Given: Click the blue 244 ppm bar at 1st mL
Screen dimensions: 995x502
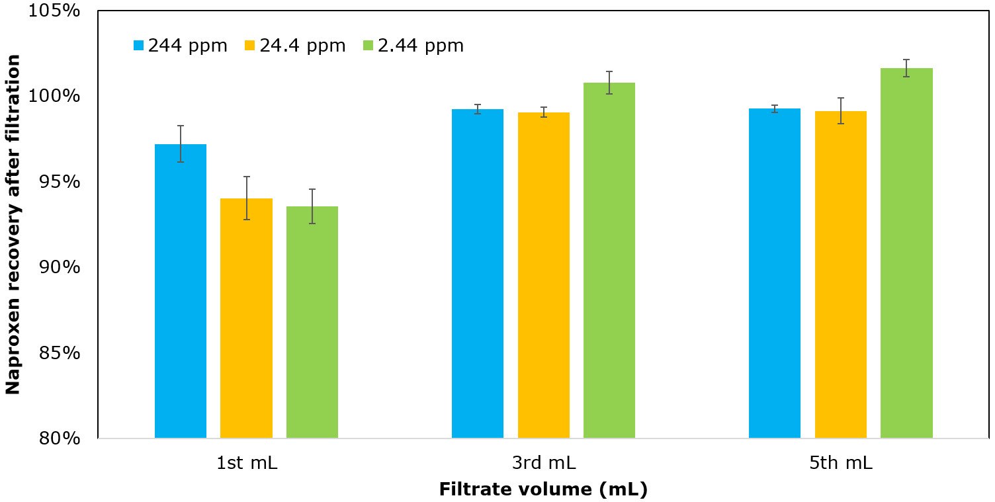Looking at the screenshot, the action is [x=181, y=291].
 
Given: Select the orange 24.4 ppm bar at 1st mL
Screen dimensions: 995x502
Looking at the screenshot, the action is [x=246, y=318].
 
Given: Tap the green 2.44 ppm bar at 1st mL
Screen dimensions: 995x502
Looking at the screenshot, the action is [x=312, y=322].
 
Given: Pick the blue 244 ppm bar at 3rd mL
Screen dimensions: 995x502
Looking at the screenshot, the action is [x=478, y=273].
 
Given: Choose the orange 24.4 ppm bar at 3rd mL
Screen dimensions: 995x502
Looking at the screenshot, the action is [x=544, y=275].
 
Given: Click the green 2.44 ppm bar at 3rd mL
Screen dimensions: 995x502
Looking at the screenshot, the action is [x=609, y=260].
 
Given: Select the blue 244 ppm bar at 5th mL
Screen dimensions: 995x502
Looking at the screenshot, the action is [x=775, y=273].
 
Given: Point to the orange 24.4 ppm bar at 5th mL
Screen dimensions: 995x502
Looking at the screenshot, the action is [x=841, y=274].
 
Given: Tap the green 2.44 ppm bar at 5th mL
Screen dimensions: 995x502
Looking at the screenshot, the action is [x=906, y=253].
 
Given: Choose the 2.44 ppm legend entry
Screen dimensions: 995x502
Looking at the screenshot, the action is [x=413, y=46].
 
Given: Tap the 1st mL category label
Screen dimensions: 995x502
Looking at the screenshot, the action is [x=247, y=463].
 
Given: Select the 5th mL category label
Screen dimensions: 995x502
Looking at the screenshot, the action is [x=841, y=463].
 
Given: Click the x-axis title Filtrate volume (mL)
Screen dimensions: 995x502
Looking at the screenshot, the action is [x=543, y=490].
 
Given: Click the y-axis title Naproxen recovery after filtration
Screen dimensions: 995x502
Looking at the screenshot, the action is [x=13, y=224].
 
